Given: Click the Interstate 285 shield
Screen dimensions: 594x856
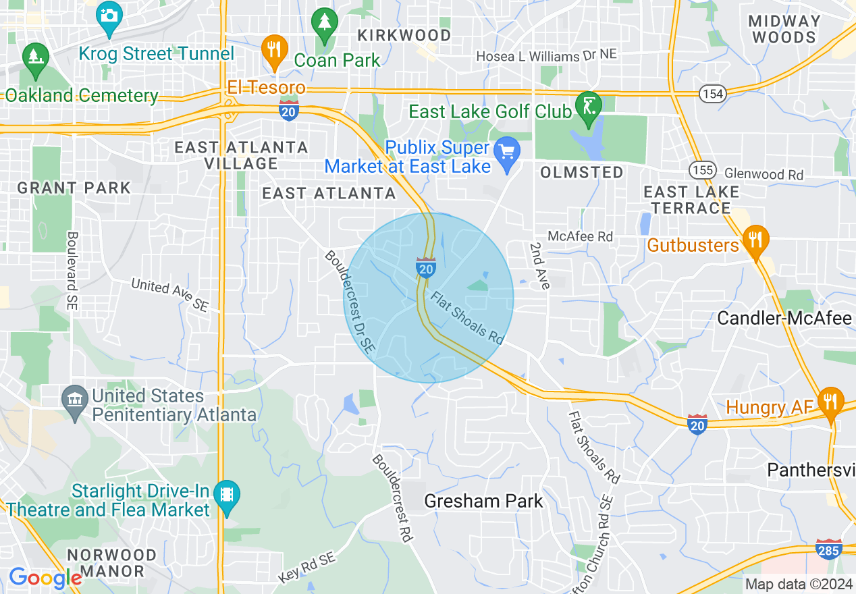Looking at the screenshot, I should pos(828,549).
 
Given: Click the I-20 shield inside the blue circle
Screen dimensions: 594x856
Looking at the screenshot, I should pos(425,268).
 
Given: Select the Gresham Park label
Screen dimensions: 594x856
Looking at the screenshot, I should pos(483,501).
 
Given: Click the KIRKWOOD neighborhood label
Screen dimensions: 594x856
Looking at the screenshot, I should pos(404,34).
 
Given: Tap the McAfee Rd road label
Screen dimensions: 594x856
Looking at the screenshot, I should pos(580,236).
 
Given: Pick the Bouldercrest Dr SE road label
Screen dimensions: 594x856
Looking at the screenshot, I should pos(348,301).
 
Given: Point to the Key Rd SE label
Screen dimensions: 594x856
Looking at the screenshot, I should pos(306,568).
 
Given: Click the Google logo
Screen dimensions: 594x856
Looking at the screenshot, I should pos(45,578).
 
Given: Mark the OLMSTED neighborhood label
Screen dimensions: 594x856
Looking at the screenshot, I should pos(581,173).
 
